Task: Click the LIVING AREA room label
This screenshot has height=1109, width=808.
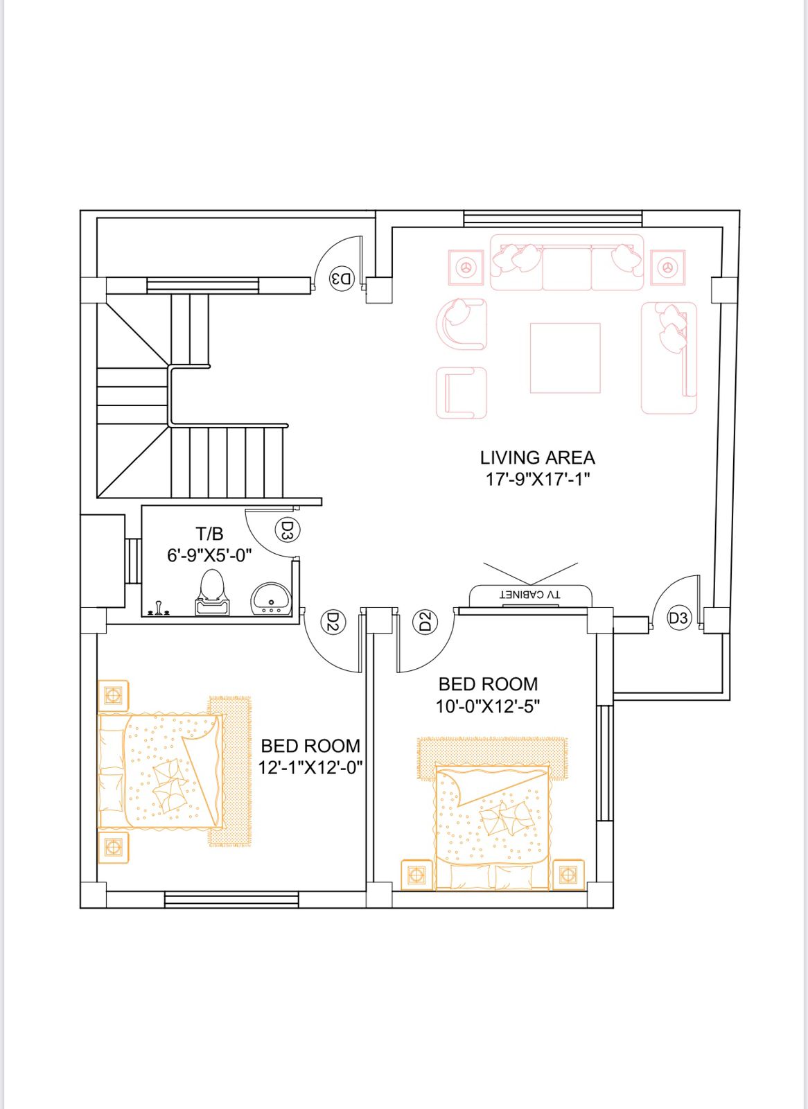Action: tap(537, 457)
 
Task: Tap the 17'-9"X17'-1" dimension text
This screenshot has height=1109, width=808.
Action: tap(537, 479)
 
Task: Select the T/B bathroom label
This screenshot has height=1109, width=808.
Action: tap(209, 534)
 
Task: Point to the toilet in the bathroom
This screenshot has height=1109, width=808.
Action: tap(212, 593)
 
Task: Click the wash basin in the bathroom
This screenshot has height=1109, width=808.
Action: tap(270, 598)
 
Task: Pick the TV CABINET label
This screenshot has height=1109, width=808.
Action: tap(530, 595)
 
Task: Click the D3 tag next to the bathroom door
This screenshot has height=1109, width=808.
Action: tap(288, 531)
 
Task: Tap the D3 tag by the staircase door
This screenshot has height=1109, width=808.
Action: tap(342, 279)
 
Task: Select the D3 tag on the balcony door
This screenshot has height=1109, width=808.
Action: tap(678, 618)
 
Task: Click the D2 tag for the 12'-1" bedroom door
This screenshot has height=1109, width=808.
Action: tap(333, 622)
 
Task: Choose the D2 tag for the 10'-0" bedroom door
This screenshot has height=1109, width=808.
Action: tap(425, 622)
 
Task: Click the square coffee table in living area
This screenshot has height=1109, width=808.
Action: tap(565, 358)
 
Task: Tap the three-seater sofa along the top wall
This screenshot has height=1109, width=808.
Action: tap(567, 263)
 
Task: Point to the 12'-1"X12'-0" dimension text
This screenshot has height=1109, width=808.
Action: tap(310, 767)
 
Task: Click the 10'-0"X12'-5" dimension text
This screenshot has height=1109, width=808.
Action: tap(487, 706)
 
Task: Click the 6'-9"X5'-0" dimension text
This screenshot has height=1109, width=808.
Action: tap(209, 555)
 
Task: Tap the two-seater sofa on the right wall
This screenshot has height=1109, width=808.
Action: tap(669, 358)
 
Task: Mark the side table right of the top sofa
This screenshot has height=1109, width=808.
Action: tap(667, 267)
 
